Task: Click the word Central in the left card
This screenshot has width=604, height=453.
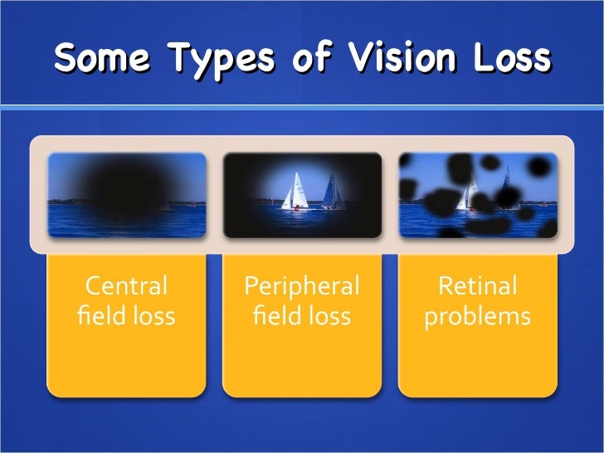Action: (127, 287)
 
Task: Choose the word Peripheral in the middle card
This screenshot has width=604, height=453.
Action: (302, 287)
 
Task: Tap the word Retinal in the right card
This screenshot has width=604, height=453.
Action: (477, 287)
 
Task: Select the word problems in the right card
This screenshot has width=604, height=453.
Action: (477, 317)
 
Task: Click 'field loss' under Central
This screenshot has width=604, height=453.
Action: (127, 317)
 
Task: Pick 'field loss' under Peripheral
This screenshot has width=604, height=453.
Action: (302, 317)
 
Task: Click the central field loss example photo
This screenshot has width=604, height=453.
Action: (127, 194)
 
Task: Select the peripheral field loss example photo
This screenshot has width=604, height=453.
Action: (302, 194)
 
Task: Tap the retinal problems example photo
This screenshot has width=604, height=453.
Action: (477, 194)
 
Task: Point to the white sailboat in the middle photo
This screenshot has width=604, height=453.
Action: (295, 192)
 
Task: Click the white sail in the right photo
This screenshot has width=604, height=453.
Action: (471, 195)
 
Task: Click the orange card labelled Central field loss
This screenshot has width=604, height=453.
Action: (127, 348)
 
